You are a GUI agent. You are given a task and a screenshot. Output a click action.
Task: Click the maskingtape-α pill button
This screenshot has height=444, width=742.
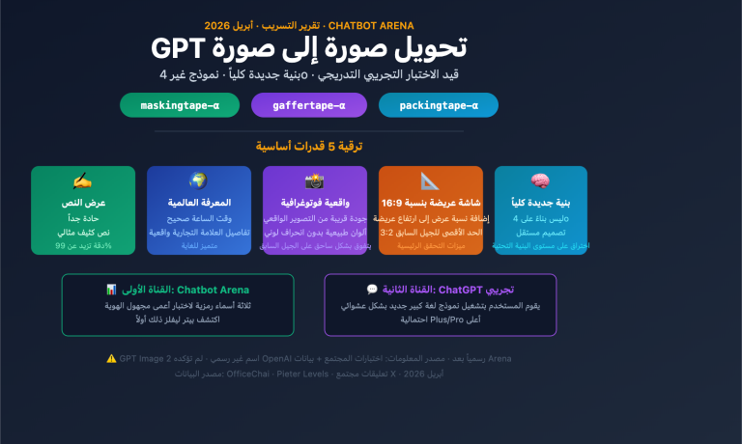pos(180,105)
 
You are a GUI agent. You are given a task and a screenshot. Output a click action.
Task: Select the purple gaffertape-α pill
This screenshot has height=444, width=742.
pos(309,105)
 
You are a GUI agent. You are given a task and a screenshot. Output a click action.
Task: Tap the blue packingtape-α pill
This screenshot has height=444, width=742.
pos(439,105)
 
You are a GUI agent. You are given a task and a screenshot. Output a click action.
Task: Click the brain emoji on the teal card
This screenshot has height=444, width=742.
pos(540,181)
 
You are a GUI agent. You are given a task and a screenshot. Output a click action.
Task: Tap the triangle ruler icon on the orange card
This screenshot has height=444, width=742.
pos(430,181)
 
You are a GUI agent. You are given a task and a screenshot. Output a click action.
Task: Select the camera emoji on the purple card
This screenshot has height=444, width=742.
pos(314,181)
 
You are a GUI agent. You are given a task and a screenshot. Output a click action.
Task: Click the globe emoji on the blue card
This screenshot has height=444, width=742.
pos(198,181)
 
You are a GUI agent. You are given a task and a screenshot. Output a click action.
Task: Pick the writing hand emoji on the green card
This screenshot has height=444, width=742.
pos(82,181)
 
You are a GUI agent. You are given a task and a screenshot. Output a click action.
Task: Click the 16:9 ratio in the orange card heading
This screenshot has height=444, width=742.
pos(400,204)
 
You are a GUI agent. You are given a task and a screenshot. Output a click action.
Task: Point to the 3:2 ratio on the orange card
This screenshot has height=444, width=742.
pos(386,233)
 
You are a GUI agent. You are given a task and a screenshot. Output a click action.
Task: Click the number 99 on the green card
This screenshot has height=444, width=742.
pos(60,246)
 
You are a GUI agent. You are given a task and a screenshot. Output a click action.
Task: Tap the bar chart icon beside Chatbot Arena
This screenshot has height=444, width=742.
pos(111,290)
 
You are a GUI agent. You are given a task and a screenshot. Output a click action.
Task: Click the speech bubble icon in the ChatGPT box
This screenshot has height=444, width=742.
pos(372,290)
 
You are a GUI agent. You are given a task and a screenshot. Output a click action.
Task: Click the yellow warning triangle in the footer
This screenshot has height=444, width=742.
pos(111,358)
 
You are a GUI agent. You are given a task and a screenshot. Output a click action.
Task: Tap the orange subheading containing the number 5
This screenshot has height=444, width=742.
pos(310,146)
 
